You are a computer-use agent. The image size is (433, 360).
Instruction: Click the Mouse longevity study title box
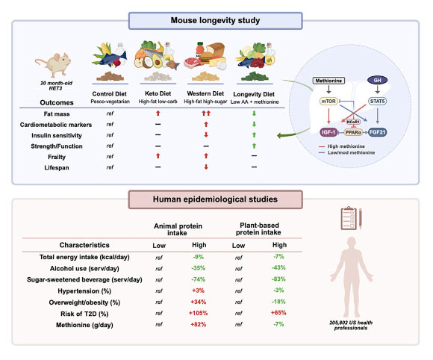216,21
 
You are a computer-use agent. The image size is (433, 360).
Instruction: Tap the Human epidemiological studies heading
216,199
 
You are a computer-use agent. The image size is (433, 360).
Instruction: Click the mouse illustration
54,65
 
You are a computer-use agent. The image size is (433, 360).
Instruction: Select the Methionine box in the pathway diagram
328,81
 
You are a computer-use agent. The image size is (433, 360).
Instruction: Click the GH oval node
377,81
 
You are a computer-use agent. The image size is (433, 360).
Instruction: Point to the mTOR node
328,101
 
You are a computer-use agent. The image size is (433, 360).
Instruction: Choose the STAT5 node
378,101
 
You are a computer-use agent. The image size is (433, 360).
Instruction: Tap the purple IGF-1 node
328,132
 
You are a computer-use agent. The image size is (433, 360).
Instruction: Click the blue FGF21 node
378,132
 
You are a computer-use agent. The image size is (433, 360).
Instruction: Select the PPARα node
353,133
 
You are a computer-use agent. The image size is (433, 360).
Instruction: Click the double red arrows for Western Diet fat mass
206,114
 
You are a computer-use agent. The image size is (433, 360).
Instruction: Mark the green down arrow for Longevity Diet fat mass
254,114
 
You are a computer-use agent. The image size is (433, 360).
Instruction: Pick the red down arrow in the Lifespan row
206,167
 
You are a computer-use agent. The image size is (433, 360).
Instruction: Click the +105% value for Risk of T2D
199,313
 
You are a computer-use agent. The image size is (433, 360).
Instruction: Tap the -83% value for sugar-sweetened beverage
278,279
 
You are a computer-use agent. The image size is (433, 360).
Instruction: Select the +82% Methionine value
199,324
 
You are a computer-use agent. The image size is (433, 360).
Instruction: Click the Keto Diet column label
158,93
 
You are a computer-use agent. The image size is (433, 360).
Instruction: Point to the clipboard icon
348,218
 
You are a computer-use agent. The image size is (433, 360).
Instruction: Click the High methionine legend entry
342,146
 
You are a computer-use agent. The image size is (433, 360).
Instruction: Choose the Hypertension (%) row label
84,291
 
